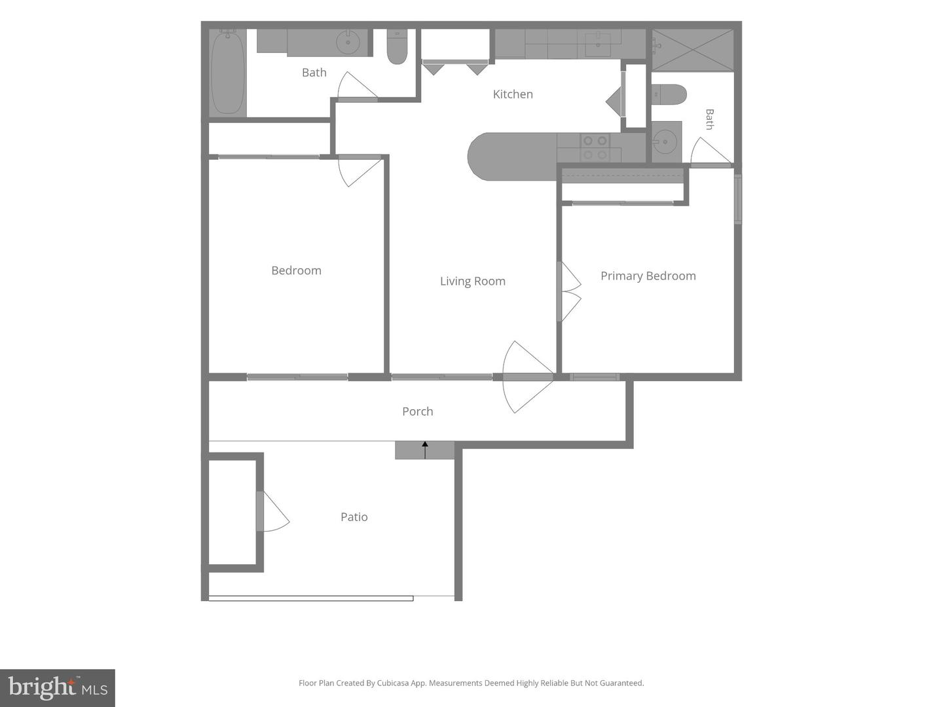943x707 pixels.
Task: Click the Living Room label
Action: (473, 281)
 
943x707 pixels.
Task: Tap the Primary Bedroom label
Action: (648, 276)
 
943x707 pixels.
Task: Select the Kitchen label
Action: (513, 94)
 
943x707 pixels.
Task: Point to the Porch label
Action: (418, 411)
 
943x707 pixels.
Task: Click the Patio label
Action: (354, 517)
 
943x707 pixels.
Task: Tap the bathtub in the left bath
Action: (228, 73)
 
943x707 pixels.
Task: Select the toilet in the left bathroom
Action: (397, 46)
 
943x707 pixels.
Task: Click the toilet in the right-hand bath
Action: (669, 94)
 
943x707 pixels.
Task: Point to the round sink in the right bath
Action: (665, 141)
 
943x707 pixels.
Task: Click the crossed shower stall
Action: (693, 50)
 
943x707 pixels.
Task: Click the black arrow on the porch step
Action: (425, 450)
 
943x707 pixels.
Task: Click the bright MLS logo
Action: (58, 688)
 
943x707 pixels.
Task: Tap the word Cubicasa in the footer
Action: (393, 683)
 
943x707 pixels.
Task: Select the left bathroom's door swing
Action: (358, 86)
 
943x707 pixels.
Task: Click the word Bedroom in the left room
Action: (297, 270)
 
